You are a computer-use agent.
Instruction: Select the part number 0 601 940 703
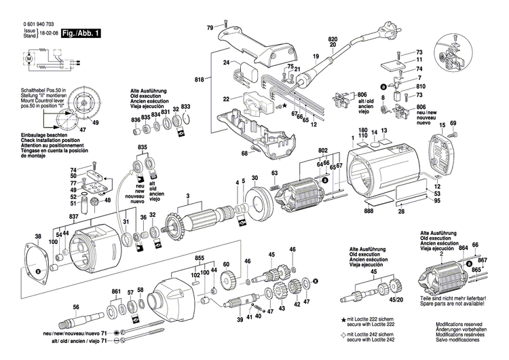pos(32,23)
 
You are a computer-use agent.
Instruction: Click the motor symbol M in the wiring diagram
pos(29,59)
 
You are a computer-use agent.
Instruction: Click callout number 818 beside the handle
pos(199,80)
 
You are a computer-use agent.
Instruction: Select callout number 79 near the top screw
pos(210,26)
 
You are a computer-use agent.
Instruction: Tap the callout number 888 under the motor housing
pos(369,213)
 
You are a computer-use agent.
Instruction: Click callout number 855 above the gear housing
pos(200,259)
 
